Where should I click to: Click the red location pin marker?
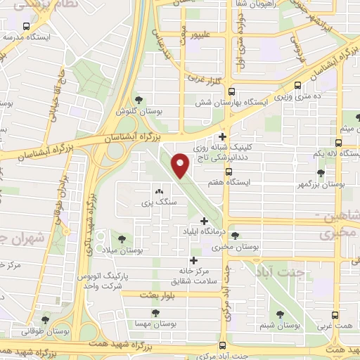pos(181,165)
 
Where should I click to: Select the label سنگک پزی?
pos(157,202)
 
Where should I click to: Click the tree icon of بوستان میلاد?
pos(125,239)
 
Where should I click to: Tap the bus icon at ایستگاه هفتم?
pos(228,172)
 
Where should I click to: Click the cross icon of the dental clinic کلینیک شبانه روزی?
pos(223,137)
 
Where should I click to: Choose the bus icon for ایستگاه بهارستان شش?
pos(231,91)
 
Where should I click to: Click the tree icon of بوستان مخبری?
pos(235,236)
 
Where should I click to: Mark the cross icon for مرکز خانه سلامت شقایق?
pos(193,260)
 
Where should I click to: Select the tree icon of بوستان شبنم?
pos(281,314)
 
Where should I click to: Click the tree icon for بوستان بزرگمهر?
pos(321,172)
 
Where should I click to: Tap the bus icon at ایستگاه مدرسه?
pos(27,27)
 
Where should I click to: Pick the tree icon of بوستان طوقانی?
pos(46,320)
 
